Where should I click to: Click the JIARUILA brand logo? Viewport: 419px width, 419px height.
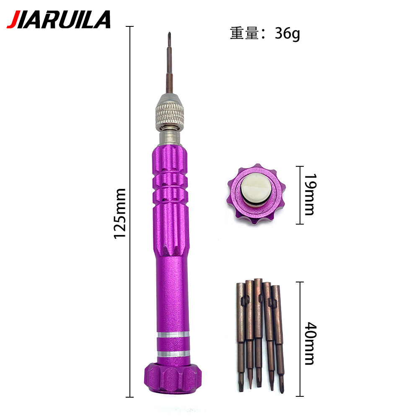click(59, 20)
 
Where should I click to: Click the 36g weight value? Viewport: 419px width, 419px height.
click(287, 34)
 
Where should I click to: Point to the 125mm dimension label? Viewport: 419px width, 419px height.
click(120, 214)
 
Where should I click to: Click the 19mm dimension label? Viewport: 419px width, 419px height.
click(309, 195)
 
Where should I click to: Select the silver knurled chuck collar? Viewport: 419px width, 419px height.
click(171, 112)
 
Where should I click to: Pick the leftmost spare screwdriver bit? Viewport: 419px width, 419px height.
click(241, 335)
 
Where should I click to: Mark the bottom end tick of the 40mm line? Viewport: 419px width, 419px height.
click(299, 396)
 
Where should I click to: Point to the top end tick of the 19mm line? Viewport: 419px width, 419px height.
click(299, 166)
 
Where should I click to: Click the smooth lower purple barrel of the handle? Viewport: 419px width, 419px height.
click(171, 293)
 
